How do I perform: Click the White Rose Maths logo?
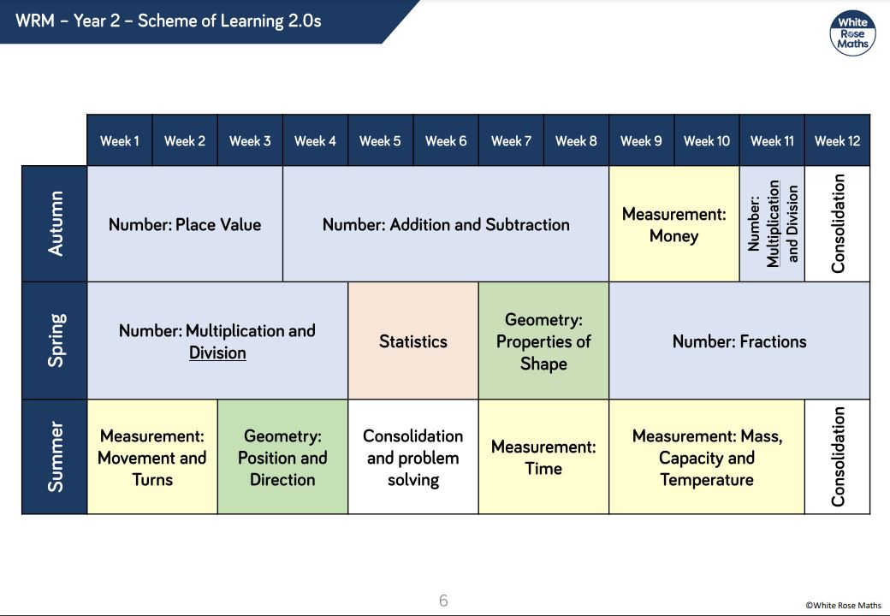coord(852,33)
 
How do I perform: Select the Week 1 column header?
coord(120,140)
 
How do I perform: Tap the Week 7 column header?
coord(511,140)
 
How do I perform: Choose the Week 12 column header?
coord(837,140)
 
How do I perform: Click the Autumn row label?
coord(55,223)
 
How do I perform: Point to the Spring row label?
coord(55,341)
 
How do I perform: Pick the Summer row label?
coord(55,457)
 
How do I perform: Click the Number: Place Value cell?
coord(185,223)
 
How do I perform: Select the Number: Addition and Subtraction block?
coord(446,223)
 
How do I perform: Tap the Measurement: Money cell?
coord(673,223)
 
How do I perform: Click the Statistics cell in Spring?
coord(413,341)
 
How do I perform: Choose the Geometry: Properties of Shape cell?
coord(543,341)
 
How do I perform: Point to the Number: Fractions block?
coord(739,341)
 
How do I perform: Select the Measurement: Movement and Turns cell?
coord(152,457)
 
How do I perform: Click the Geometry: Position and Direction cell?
coord(282,457)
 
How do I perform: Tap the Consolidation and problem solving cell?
coord(413,457)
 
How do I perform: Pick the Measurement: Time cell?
coord(543,457)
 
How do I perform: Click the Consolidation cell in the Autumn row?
coord(837,223)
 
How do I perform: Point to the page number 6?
coord(443,600)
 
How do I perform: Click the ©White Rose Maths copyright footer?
coord(843,605)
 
